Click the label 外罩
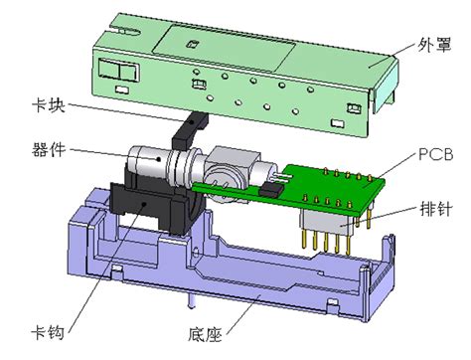click(434, 45)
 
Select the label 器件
click(49, 149)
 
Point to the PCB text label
click(435, 155)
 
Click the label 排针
click(436, 209)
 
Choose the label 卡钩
click(48, 332)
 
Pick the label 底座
click(205, 334)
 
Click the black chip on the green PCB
click(271, 190)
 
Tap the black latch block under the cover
click(189, 130)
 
